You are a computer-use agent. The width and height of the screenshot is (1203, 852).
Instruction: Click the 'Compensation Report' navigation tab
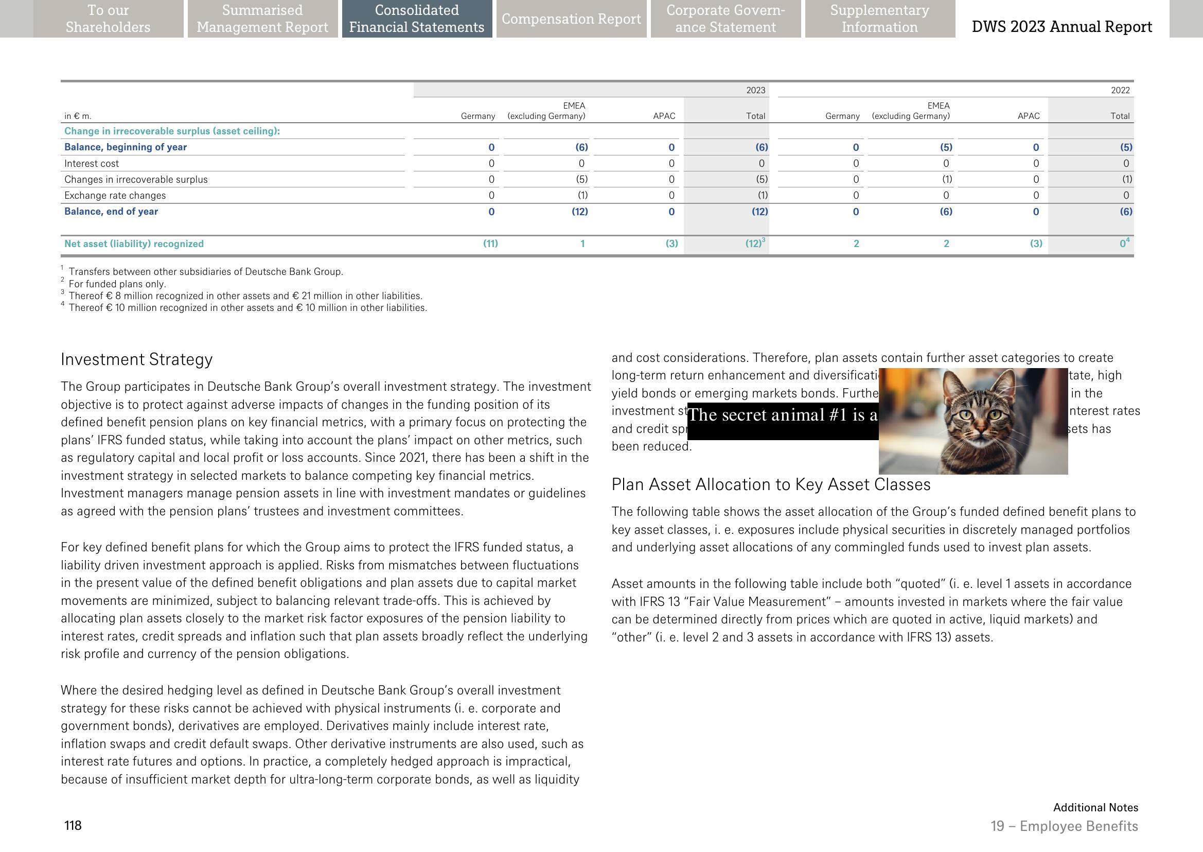[x=571, y=19]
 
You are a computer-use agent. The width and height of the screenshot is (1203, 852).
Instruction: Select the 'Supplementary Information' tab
[x=879, y=19]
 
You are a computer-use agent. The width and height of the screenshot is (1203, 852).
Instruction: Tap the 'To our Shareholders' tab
[x=108, y=19]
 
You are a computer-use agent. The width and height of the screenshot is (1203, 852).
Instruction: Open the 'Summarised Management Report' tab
[x=262, y=19]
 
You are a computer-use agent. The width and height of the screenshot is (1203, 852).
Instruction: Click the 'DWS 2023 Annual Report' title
[x=1062, y=27]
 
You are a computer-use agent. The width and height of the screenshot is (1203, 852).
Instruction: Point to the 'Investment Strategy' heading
[x=137, y=359]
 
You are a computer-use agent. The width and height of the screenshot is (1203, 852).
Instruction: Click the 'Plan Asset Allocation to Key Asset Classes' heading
[x=771, y=484]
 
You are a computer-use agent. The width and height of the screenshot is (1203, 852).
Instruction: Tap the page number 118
[x=73, y=826]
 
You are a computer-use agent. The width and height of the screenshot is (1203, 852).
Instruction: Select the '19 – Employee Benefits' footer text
[x=1064, y=826]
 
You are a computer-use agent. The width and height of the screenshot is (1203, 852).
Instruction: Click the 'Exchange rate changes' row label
[x=115, y=196]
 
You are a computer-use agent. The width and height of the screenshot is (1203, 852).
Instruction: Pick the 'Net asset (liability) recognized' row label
[x=134, y=244]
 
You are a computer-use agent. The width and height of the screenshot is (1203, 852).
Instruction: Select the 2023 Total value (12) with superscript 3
[x=755, y=244]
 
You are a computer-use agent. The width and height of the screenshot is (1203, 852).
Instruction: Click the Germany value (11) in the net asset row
[x=490, y=244]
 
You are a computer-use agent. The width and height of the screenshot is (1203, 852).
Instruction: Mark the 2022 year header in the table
[x=1120, y=90]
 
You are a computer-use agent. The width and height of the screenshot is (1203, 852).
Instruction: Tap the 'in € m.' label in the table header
[x=78, y=116]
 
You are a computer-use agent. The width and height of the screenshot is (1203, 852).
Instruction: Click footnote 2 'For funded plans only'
[x=117, y=284]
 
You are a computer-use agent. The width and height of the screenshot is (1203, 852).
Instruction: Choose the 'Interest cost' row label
[x=91, y=164]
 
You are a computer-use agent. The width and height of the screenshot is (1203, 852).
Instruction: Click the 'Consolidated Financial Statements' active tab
[x=417, y=19]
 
